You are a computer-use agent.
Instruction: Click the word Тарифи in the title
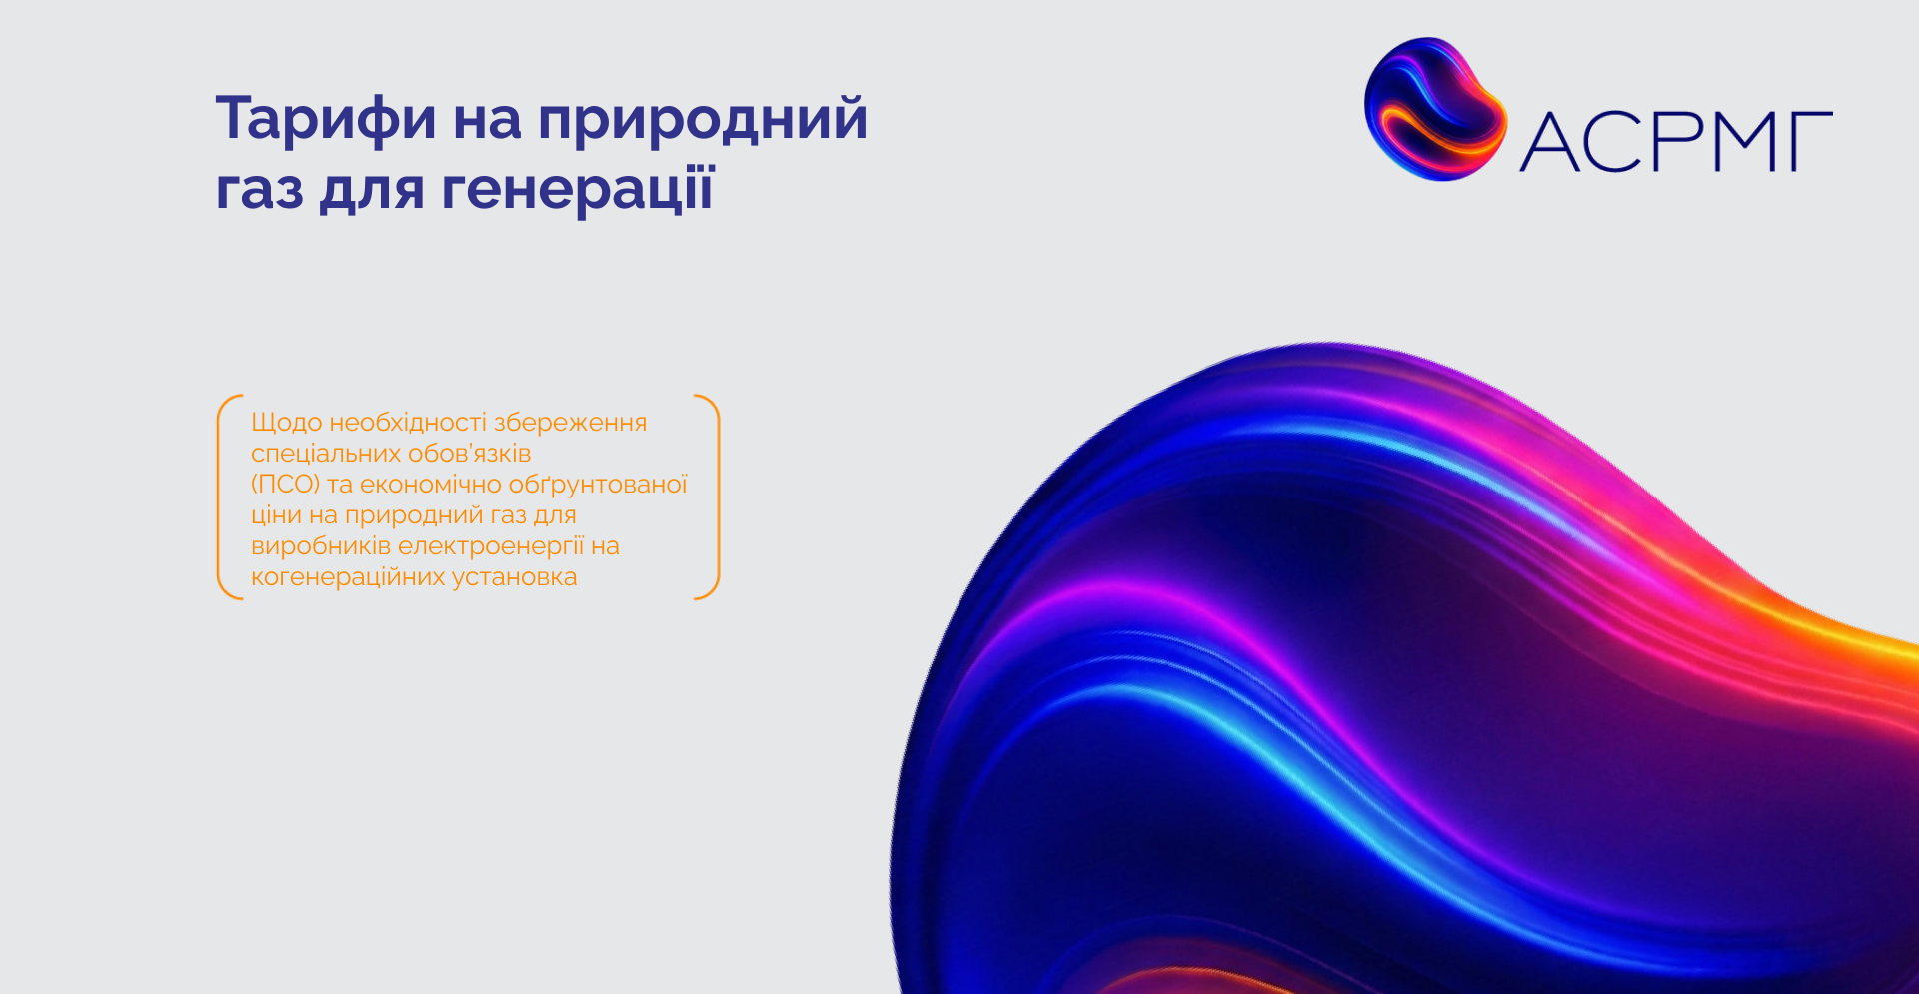click(326, 120)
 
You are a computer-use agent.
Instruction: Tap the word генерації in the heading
click(578, 189)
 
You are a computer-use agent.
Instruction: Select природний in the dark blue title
click(703, 120)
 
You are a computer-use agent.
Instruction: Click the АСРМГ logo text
click(1676, 141)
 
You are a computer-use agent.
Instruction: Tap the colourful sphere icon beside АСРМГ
click(1435, 109)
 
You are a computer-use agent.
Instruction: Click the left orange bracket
click(229, 497)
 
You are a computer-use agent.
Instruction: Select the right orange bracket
click(708, 497)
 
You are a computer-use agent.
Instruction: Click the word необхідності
click(408, 422)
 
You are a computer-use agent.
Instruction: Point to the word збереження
click(570, 423)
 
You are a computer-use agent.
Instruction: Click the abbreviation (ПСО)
click(285, 485)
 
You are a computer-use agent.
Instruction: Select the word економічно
click(431, 485)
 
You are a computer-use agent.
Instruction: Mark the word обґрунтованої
click(599, 485)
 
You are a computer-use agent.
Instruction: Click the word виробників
click(321, 546)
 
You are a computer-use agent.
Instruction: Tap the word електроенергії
click(491, 546)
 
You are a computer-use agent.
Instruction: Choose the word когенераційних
click(348, 577)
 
